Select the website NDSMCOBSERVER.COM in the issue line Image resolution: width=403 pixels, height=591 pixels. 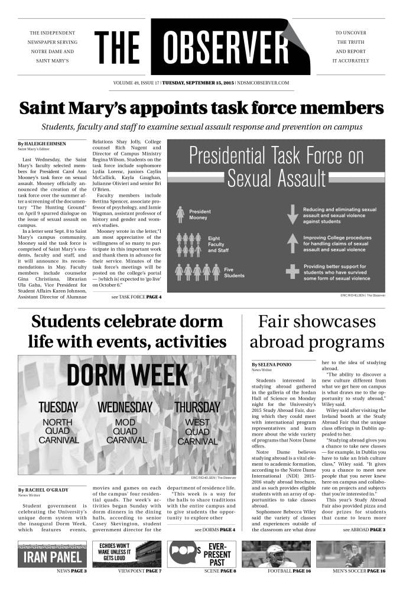[262, 83]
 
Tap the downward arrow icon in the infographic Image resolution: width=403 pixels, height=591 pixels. [291, 214]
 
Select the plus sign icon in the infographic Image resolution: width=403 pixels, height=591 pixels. [291, 271]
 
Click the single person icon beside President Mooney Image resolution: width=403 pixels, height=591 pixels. [180, 214]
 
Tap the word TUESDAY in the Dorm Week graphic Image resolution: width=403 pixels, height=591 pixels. [58, 407]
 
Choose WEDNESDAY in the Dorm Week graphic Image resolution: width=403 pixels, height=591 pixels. [125, 407]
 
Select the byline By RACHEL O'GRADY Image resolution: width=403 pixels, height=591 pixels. [43, 490]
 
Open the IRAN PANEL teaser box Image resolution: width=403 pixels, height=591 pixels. [52, 554]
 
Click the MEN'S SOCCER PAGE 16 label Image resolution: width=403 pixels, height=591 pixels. [360, 571]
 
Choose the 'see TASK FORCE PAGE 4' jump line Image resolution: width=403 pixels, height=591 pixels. [136, 296]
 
